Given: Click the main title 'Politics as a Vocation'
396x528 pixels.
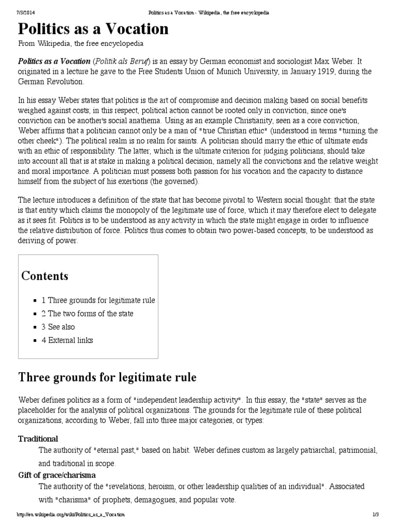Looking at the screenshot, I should coord(93,29).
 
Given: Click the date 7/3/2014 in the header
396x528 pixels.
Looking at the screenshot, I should coord(29,12).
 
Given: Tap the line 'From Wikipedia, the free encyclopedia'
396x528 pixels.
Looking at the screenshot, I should coord(81,44).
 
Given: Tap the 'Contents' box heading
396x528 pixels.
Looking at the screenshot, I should coord(44,276).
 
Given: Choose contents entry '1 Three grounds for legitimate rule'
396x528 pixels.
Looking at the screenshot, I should coord(98,300).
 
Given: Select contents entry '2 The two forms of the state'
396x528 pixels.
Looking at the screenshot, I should coord(87,313).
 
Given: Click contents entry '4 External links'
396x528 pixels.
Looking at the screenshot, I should coord(67,340).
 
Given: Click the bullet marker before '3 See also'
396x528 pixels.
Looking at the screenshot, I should coord(35,327).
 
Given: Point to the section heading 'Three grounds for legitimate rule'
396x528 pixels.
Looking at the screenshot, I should coord(107,377).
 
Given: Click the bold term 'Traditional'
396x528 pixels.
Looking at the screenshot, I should coord(38,439).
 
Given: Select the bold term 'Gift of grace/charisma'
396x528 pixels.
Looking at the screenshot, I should coord(57,475).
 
